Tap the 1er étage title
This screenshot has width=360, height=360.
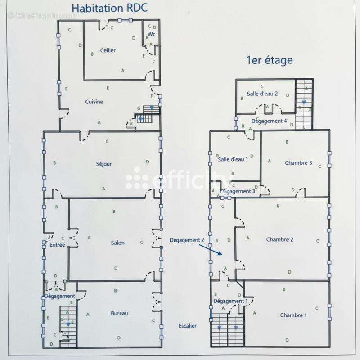[x=269, y=60]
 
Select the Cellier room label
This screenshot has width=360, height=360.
[x=108, y=50]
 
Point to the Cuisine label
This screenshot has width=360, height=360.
[x=94, y=102]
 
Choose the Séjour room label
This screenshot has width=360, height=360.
[x=103, y=164]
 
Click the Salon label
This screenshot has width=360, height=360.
[x=118, y=243]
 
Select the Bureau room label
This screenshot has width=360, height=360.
[x=120, y=313]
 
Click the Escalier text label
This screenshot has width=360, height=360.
[x=187, y=326]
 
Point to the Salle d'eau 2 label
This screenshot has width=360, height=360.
[x=262, y=94]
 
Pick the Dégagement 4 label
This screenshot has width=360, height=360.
[x=269, y=121]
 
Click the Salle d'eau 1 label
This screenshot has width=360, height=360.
[x=233, y=159]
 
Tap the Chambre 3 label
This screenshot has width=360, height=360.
[x=298, y=163]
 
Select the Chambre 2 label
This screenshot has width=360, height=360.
[x=279, y=239]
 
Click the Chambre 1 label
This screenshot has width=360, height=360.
[x=293, y=315]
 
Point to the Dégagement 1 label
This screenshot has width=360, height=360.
[x=230, y=301]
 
